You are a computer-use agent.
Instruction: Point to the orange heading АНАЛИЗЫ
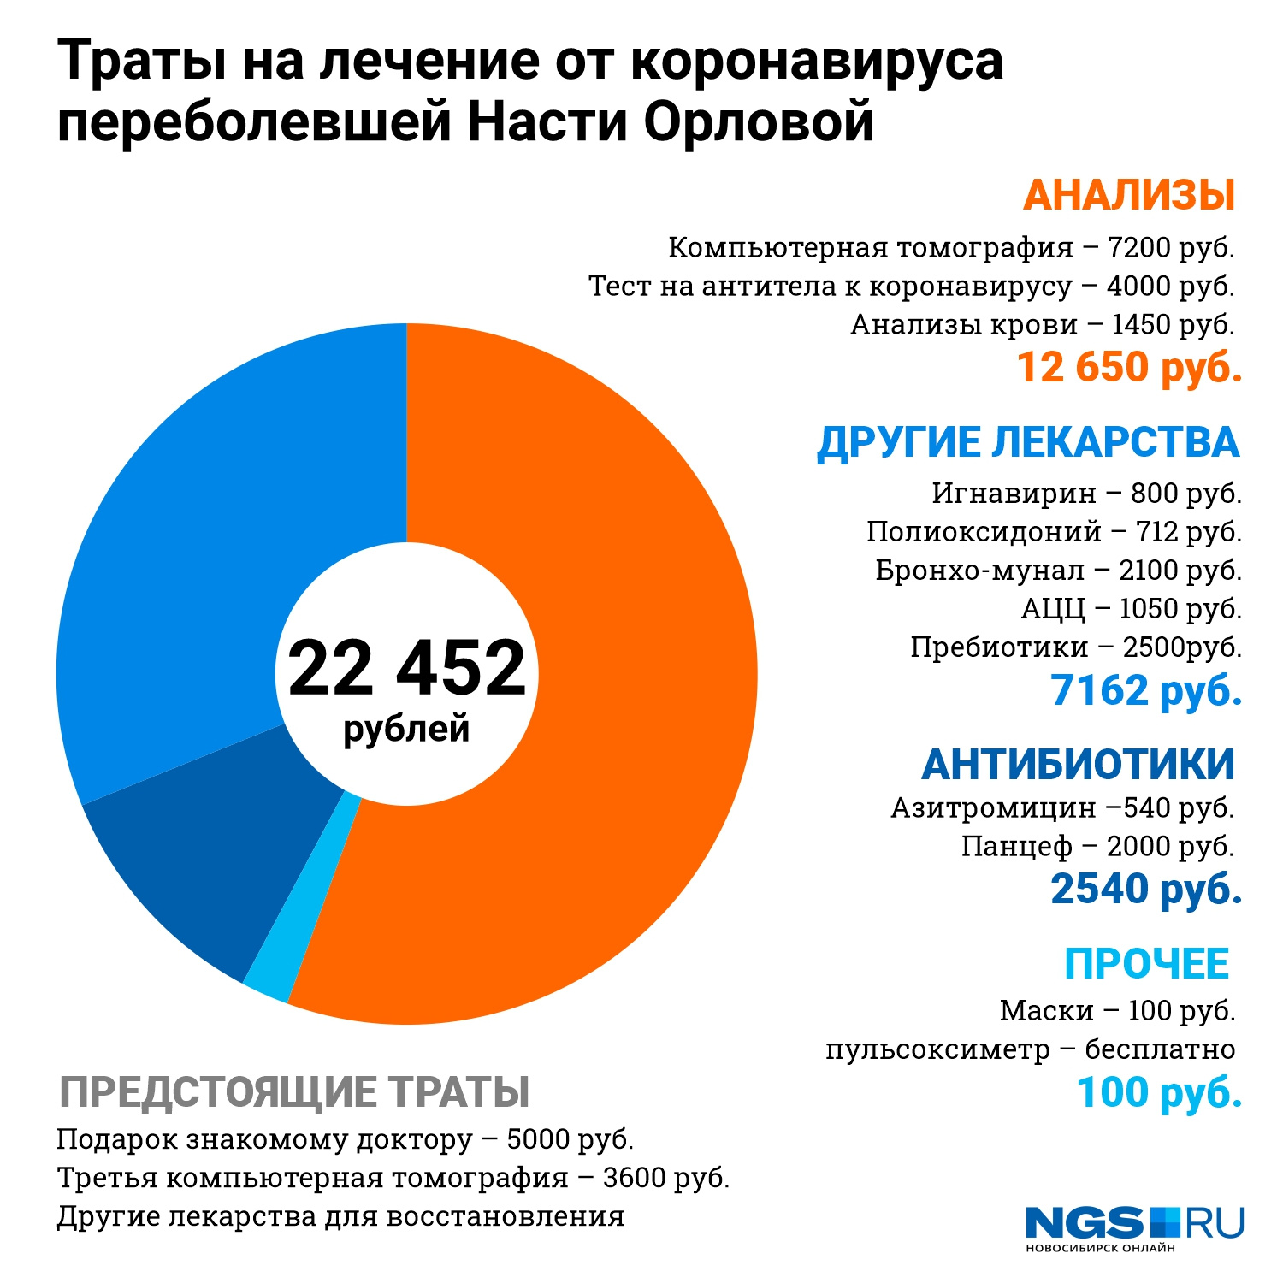click(1129, 195)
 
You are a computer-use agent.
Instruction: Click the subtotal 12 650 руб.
click(1129, 368)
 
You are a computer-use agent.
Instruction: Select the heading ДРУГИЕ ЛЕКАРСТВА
click(1028, 443)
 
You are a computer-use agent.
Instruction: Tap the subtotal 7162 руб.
click(1146, 690)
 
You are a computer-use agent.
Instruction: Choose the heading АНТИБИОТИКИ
click(1078, 764)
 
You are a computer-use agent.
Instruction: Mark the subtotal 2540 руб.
click(1146, 889)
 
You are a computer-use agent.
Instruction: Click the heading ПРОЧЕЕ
click(1146, 964)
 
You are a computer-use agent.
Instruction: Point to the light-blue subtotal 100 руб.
click(1159, 1093)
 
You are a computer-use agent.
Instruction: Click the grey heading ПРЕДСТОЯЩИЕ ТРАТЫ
click(294, 1092)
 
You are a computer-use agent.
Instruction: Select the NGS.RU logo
click(1134, 1227)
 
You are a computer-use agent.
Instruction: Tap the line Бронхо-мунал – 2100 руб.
click(1058, 571)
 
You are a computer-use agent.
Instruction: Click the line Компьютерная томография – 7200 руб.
click(951, 248)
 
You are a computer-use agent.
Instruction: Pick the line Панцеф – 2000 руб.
click(1097, 847)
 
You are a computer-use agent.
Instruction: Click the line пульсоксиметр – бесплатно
click(1030, 1049)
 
